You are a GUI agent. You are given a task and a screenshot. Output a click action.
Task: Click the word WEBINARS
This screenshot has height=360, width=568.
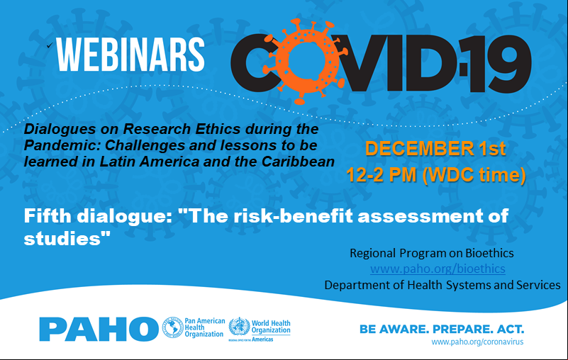130,55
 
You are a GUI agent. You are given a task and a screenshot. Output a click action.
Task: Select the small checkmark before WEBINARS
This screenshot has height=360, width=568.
50,45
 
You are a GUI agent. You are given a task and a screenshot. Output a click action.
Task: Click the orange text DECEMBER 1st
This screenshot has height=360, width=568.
435,149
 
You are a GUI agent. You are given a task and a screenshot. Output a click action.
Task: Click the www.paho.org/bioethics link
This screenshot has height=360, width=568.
438,269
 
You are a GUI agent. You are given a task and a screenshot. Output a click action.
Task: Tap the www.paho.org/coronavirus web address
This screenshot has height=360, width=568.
477,342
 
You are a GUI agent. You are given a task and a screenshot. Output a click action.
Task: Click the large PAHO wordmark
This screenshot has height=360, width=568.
99,329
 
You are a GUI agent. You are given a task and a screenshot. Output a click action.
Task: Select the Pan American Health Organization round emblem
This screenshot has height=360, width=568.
172,328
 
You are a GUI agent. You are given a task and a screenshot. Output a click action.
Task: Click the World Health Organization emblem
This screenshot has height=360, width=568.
239,327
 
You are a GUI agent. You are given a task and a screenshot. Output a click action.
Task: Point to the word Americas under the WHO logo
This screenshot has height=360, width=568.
262,339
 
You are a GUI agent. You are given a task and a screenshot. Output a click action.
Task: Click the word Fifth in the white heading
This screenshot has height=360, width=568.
48,216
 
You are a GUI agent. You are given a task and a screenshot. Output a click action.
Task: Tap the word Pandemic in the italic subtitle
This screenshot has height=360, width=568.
62,145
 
